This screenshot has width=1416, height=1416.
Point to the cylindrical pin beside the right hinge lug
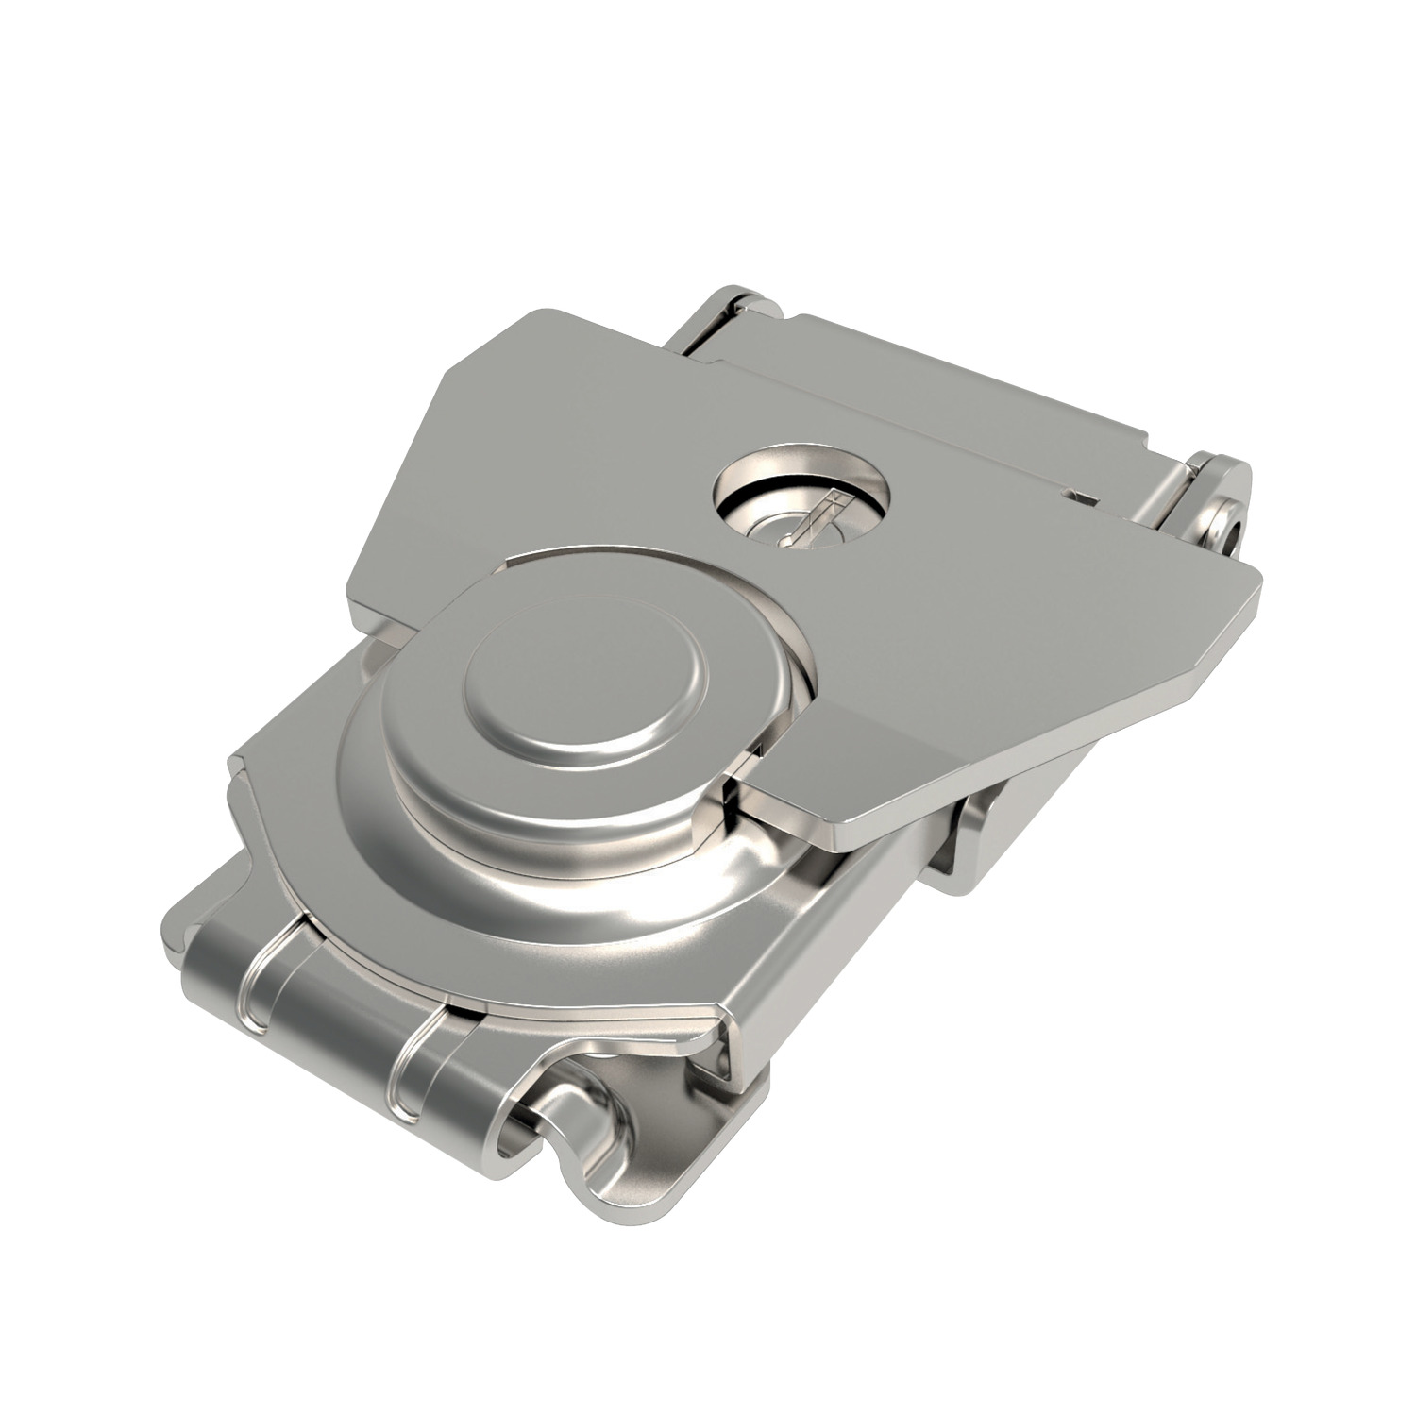point(1171,491)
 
